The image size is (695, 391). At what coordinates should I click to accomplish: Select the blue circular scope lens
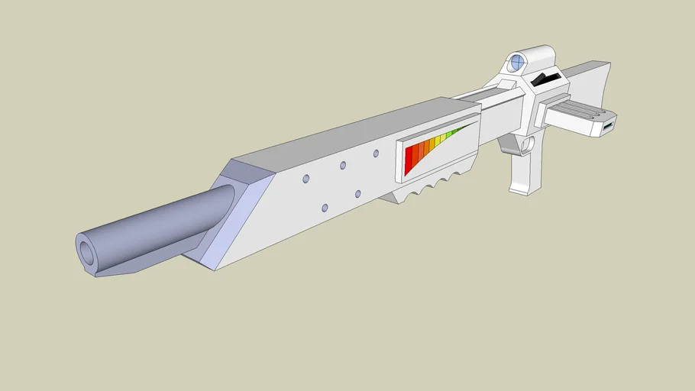pyautogui.click(x=517, y=62)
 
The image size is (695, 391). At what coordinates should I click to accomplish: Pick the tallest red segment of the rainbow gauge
pyautogui.click(x=409, y=160)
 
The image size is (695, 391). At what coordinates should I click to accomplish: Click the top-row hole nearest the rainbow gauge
pyautogui.click(x=376, y=153)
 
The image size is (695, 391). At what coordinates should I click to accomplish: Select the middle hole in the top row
pyautogui.click(x=342, y=165)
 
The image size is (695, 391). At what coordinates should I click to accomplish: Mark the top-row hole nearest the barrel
pyautogui.click(x=305, y=179)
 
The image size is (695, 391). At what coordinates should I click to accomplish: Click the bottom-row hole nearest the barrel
pyautogui.click(x=325, y=208)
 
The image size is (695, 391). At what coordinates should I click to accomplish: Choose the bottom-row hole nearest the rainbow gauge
pyautogui.click(x=357, y=194)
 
